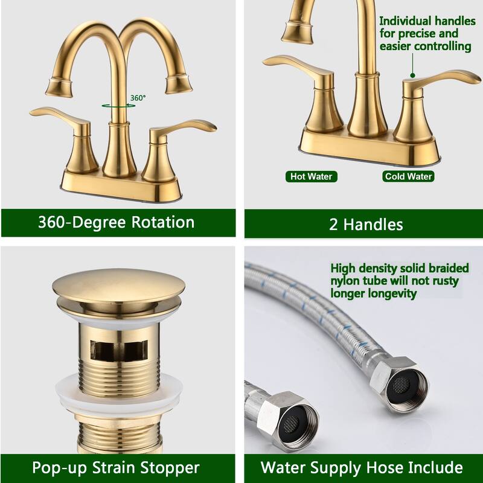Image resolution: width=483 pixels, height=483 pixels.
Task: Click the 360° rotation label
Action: point(138,97)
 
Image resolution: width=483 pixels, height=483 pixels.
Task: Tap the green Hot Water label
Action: point(311,176)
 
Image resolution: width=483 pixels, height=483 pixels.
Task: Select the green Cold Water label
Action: point(408,176)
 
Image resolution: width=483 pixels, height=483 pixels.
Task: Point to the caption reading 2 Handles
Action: point(366,225)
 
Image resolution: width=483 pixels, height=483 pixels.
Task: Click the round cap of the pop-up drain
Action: point(118,289)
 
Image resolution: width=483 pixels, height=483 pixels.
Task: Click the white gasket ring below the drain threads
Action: point(118,391)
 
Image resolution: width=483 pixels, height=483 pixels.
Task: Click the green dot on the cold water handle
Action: point(412,76)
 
